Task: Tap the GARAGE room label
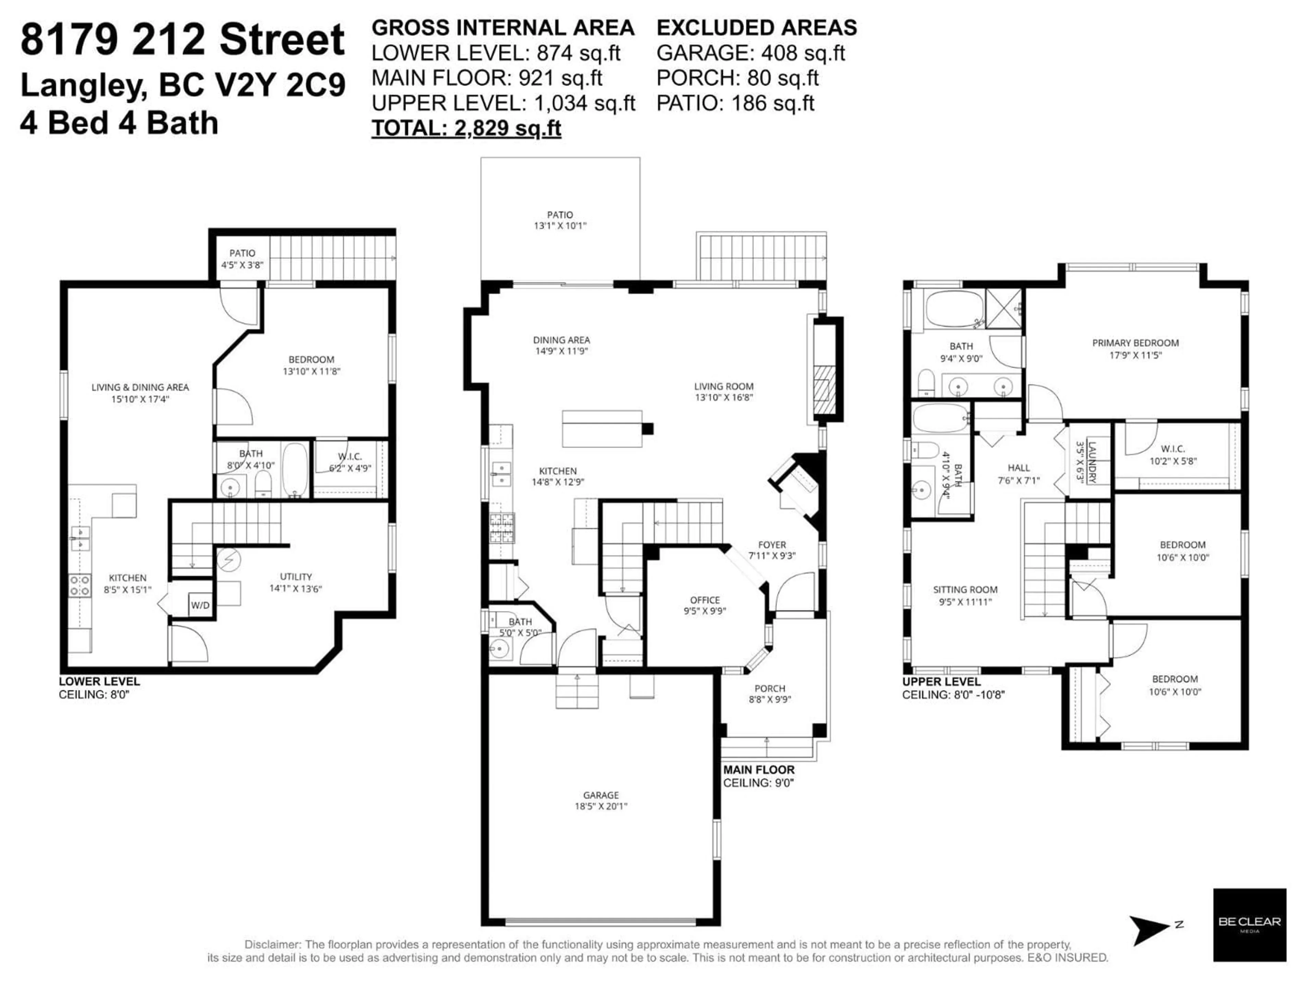[x=601, y=795]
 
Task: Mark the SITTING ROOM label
[x=965, y=589]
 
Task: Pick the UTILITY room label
[x=296, y=576]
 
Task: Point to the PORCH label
[x=770, y=689]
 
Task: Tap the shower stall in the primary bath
[x=1004, y=308]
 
